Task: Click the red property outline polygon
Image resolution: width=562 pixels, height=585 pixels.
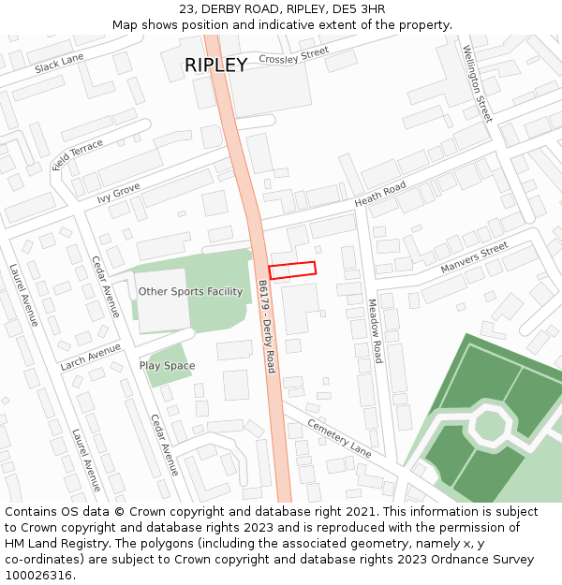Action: coord(292,270)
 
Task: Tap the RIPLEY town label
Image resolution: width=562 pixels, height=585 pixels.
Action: coord(215,65)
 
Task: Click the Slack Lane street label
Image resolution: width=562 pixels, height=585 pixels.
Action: coord(59,63)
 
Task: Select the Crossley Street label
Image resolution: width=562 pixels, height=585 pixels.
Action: coord(294,55)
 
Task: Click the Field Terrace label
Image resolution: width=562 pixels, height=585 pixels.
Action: coord(78,154)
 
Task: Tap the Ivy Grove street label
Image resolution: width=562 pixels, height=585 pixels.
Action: coord(118,193)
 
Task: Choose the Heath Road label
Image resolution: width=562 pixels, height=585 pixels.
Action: coord(379,195)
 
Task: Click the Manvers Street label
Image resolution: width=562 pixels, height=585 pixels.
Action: coord(474,257)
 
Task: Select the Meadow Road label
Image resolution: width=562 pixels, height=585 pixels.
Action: coord(375,331)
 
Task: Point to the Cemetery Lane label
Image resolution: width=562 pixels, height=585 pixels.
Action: coord(339,437)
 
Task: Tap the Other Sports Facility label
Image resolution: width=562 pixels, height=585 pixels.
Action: coord(190,292)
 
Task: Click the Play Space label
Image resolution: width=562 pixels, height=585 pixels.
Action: coord(167,366)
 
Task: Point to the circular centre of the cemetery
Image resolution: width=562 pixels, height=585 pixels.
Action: coord(490,425)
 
